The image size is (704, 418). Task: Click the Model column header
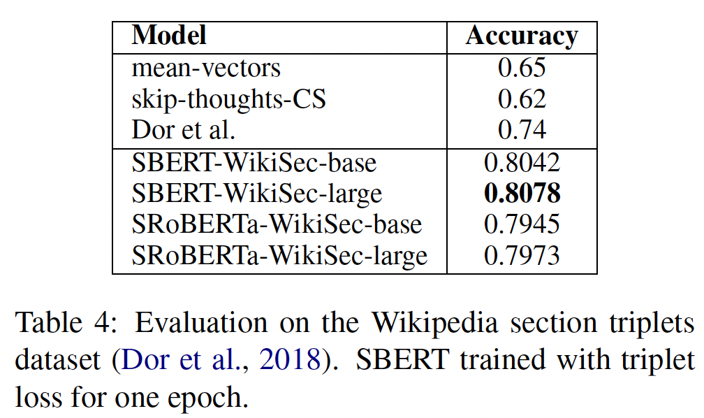pos(169,36)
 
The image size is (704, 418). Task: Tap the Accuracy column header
pos(522,36)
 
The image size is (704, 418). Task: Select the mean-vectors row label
pos(206,68)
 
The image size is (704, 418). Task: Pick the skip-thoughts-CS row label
pos(228,99)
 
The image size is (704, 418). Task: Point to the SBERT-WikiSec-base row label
pos(254,162)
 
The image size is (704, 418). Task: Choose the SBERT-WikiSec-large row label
pos(257,193)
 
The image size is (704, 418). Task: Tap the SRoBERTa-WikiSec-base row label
pos(277,224)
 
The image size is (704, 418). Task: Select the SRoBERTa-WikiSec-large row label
pos(279,255)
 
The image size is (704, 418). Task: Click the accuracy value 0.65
pos(522,68)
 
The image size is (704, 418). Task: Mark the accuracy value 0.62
pos(522,99)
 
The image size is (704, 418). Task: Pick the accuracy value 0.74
pos(522,130)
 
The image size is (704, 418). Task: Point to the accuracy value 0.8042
pos(522,162)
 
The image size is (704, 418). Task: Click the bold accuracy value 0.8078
pos(522,193)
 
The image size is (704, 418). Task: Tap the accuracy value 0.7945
pos(522,224)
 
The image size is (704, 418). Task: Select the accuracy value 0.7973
pos(522,255)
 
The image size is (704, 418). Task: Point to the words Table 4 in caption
pos(61,323)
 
